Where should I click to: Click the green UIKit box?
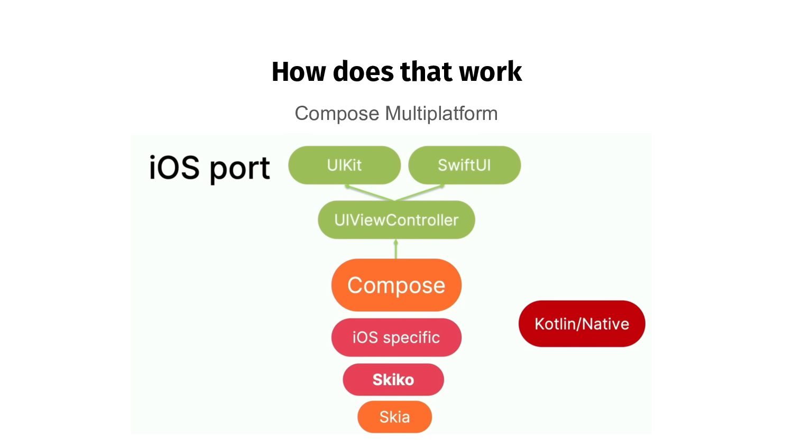pos(344,165)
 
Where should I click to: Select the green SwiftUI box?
pos(464,165)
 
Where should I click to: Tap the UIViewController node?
pos(396,220)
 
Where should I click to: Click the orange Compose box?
pos(396,285)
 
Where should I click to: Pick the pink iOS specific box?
pos(396,337)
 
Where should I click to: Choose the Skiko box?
pos(393,379)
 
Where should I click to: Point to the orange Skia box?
pos(394,417)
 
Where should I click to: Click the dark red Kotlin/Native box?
pos(582,324)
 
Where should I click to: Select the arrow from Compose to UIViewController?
pos(396,249)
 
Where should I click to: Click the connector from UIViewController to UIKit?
pos(370,193)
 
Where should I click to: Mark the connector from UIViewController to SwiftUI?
pos(420,193)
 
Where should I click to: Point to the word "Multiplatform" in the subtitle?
pos(441,114)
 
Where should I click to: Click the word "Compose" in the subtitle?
pos(337,114)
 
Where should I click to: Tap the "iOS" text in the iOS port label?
pos(174,168)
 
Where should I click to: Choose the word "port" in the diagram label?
pos(239,169)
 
